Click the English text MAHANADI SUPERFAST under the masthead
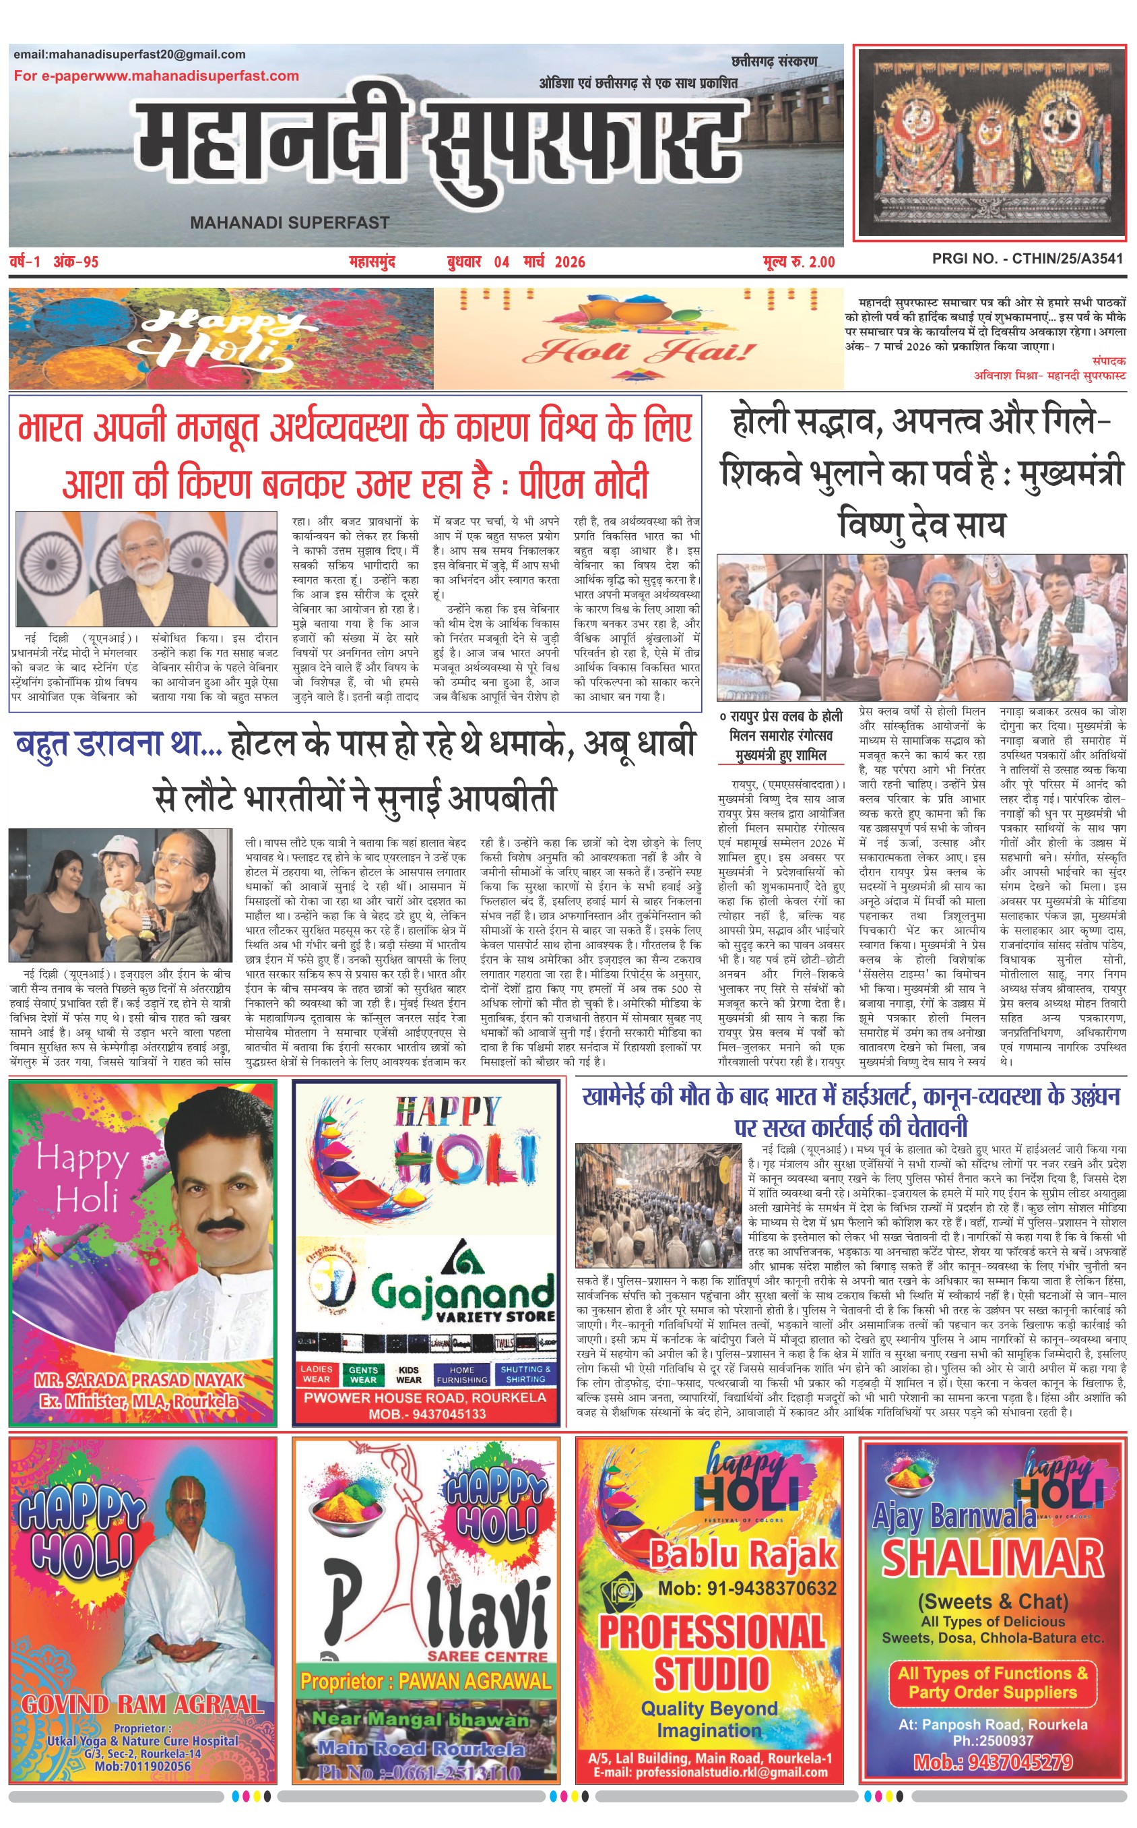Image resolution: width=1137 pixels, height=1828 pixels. coord(290,222)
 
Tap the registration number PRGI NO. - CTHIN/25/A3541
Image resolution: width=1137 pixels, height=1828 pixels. coord(1027,259)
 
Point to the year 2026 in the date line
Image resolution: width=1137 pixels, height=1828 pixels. coord(569,262)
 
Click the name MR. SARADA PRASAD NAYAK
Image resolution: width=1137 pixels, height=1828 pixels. coord(139,1380)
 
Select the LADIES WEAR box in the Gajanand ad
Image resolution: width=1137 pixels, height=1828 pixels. coord(317,1374)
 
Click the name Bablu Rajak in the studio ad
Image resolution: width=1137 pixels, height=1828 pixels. coord(743,1554)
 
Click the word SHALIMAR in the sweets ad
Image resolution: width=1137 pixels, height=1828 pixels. coord(993,1557)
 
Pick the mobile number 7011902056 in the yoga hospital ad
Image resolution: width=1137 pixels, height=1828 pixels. coord(142,1765)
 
